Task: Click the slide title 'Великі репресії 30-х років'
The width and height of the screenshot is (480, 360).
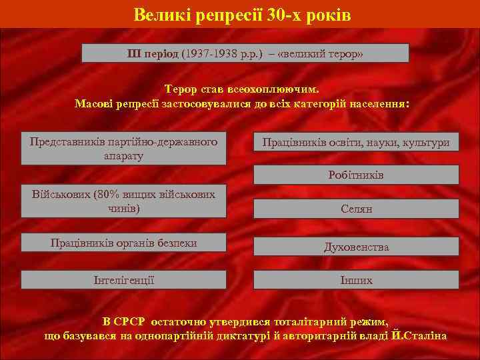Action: (241, 14)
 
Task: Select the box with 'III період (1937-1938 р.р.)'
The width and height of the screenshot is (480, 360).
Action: (245, 53)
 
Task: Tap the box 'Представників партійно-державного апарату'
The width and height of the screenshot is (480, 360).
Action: (123, 149)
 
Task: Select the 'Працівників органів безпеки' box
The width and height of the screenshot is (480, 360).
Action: (123, 243)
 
